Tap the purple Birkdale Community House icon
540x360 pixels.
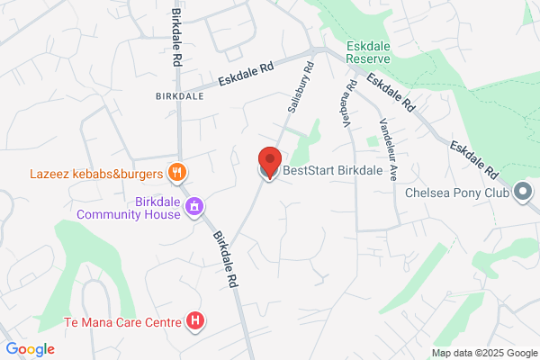pyautogui.click(x=193, y=208)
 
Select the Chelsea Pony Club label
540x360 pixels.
pyautogui.click(x=455, y=192)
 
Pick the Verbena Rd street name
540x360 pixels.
pyautogui.click(x=349, y=101)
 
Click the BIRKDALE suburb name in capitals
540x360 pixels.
pyautogui.click(x=174, y=94)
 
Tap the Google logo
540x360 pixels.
pyautogui.click(x=30, y=349)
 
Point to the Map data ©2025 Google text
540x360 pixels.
pyautogui.click(x=483, y=352)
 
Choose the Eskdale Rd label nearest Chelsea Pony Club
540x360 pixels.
pyautogui.click(x=474, y=157)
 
